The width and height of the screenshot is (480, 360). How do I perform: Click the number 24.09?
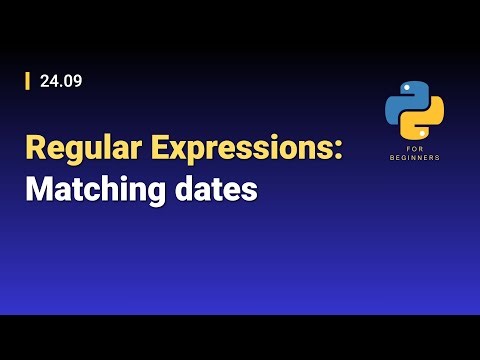click(60, 81)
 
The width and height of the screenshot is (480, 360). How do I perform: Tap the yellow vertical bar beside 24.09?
click(28, 81)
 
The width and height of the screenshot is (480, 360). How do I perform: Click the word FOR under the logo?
click(415, 148)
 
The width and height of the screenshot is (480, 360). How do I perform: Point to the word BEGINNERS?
click(415, 157)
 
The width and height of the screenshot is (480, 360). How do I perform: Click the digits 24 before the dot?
click(48, 81)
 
